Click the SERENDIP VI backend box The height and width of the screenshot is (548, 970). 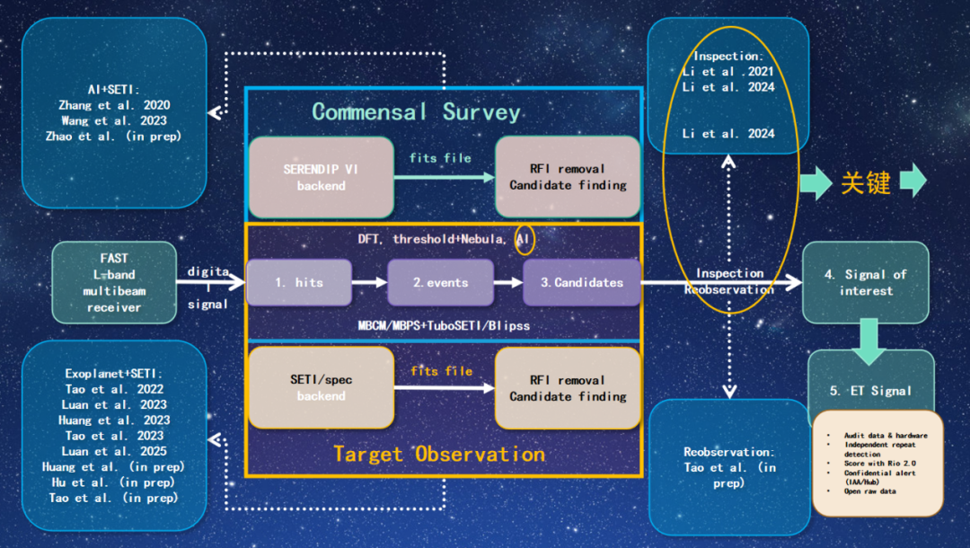pos(321,177)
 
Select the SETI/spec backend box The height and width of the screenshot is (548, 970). pos(321,387)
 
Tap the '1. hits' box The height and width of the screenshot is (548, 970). pos(297,282)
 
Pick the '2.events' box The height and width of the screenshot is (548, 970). pos(440,282)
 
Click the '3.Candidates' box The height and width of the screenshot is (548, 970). pos(581,282)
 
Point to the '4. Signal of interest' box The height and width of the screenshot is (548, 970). pos(865,282)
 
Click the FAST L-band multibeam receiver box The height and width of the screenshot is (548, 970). pos(114,282)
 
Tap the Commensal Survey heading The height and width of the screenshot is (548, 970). pos(416,112)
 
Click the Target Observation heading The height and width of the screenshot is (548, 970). pos(439,454)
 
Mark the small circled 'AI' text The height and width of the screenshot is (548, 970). pos(524,240)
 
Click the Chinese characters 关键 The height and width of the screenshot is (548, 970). pos(865,182)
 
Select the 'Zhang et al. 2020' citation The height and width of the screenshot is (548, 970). pos(114,105)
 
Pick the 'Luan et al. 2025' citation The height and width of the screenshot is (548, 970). pos(116,451)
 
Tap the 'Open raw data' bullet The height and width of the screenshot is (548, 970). pos(870,491)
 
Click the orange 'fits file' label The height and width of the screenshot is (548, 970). pos(441,370)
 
